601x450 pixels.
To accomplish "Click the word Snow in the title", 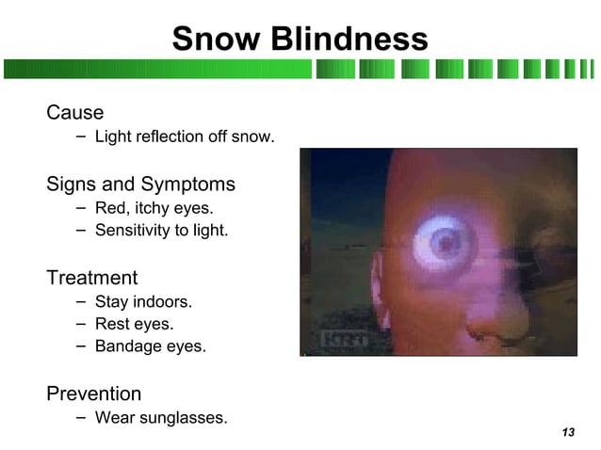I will (217, 39).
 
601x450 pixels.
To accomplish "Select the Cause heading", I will (74, 113).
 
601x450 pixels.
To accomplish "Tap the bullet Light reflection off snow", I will (185, 137).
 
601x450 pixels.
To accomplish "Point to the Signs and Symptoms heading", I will (140, 184).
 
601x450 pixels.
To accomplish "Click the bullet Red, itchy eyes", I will (154, 208).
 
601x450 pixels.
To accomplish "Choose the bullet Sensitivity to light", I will (161, 230).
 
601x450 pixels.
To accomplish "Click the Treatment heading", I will (91, 278).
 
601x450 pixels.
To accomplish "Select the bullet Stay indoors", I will (143, 302).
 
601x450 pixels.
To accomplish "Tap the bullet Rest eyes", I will (134, 324).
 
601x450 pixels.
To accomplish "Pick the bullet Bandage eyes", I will (150, 346).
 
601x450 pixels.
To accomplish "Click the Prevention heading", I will (93, 394).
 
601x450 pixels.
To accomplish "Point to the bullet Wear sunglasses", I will (161, 418).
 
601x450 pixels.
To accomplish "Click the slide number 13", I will (567, 432).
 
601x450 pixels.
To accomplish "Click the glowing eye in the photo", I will (442, 243).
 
